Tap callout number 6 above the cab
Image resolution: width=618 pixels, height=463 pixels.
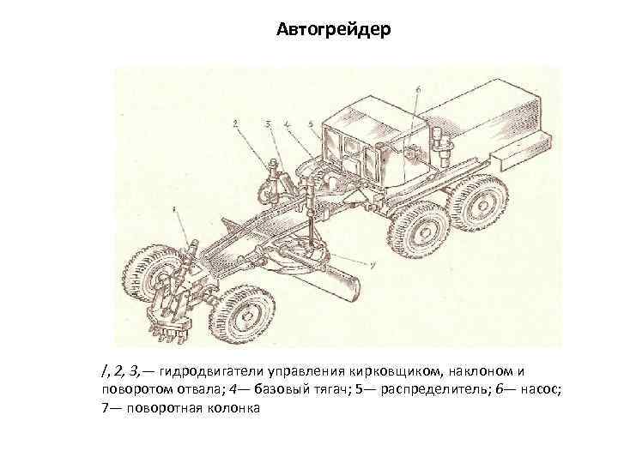click(418, 87)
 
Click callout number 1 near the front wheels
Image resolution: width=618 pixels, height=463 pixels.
click(174, 208)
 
